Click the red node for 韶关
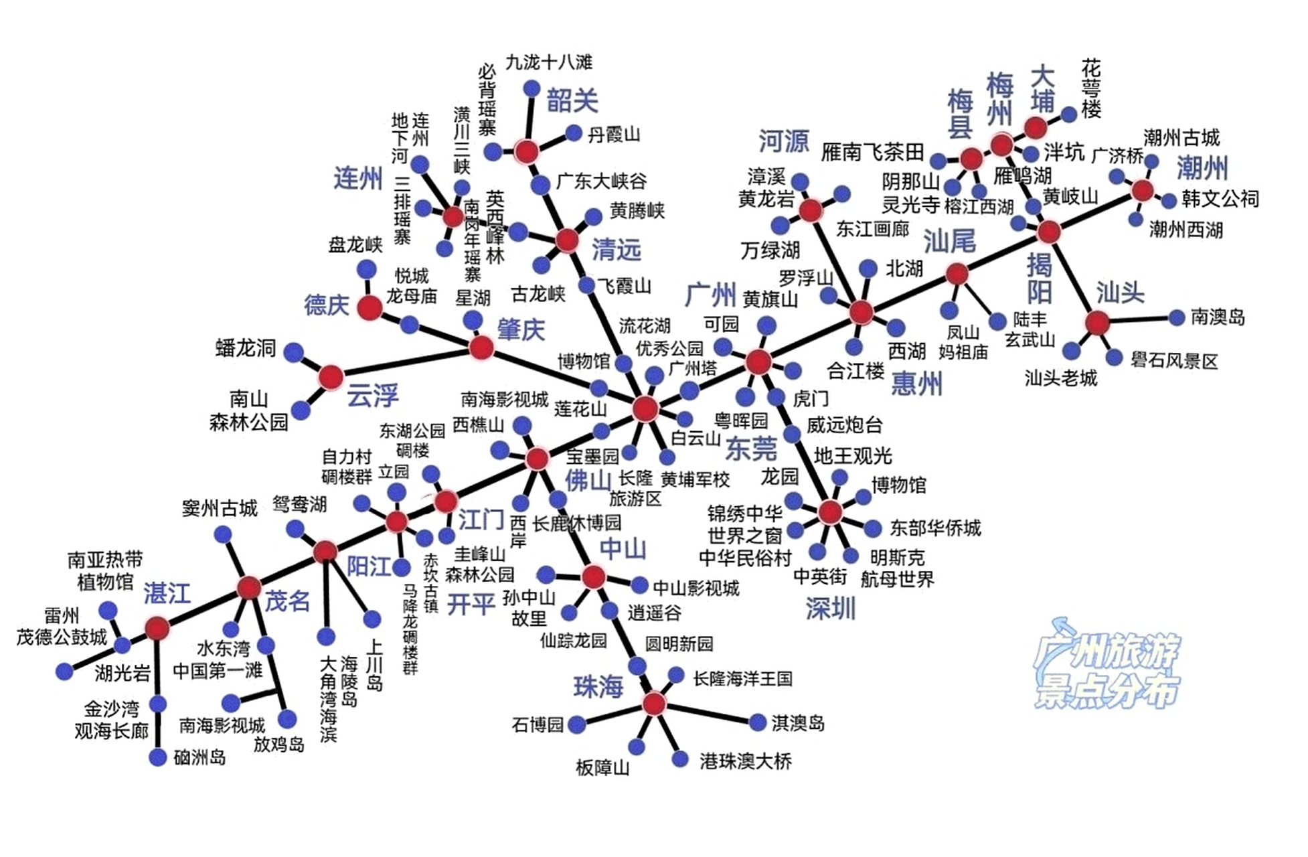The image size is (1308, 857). click(527, 151)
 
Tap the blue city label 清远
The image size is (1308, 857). click(616, 250)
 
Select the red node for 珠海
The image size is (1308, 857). click(654, 704)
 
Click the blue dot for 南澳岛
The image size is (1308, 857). click(1176, 317)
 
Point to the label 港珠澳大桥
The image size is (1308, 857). click(745, 761)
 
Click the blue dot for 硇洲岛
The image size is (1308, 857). click(158, 757)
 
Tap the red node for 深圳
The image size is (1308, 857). click(830, 512)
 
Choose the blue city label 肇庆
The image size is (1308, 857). click(521, 329)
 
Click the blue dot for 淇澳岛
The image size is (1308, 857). click(757, 722)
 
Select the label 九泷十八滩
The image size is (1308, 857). click(549, 62)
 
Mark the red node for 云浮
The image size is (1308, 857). click(331, 378)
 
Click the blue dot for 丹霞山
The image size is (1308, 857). click(574, 133)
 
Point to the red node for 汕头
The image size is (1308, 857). click(1097, 323)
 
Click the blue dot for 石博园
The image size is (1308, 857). click(577, 724)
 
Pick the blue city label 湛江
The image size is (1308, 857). click(167, 594)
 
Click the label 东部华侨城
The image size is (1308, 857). click(935, 528)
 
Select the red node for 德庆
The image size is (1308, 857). click(370, 308)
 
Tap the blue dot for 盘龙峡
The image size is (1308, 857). click(366, 269)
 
